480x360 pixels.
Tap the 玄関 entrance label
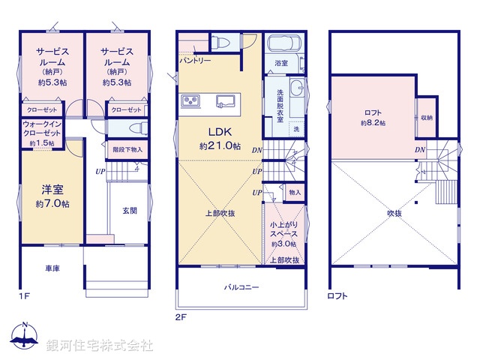pos(129,211)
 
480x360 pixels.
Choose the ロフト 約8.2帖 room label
pos(373,117)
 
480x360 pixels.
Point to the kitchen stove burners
pos(190,101)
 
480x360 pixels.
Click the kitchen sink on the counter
pos(224,101)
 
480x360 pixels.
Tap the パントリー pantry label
pos(195,60)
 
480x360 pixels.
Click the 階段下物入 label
pos(124,149)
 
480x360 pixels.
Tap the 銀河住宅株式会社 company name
pos(100,345)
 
